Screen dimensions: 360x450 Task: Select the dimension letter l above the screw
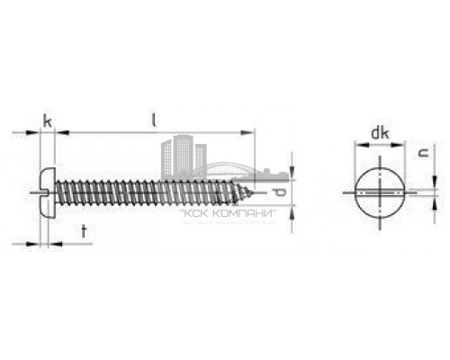(155, 118)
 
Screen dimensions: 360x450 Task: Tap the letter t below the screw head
(84, 231)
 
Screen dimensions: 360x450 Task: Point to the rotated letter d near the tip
(281, 193)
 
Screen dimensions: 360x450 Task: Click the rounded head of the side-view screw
(48, 189)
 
